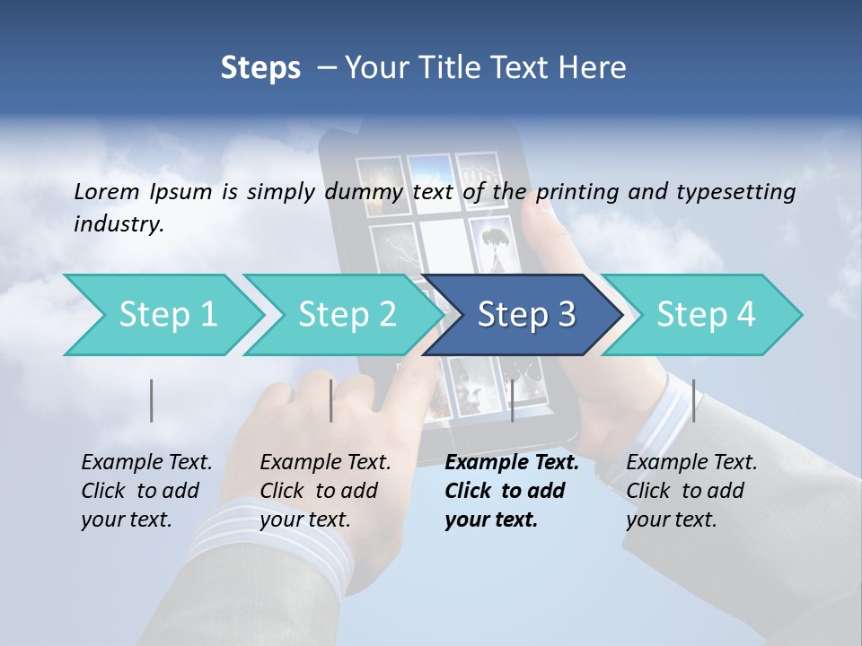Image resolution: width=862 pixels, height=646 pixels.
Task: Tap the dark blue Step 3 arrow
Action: coord(526,315)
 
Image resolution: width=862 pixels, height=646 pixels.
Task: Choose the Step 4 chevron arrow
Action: coord(706,315)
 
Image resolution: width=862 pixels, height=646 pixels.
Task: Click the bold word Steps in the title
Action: coord(260,67)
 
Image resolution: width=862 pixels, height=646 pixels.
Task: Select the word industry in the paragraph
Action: coord(119,224)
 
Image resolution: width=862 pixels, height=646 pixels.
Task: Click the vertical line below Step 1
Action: coord(152,400)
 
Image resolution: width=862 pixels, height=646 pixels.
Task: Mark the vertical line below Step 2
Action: coord(331,400)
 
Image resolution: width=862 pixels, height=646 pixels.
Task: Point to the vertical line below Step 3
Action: coord(512,400)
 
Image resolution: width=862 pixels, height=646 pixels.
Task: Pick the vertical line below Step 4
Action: coord(693,400)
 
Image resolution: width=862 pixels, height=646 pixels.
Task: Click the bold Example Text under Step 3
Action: coord(512,463)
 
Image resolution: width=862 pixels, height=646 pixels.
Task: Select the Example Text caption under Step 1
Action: coord(146,463)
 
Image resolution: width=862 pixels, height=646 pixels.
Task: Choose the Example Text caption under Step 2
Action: coord(325,463)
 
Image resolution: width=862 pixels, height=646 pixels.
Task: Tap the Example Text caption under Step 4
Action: coord(691,463)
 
